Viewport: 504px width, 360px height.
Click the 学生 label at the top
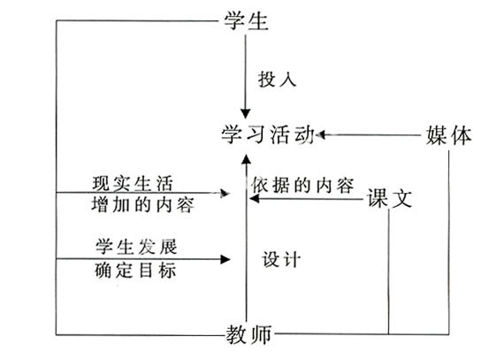(246, 21)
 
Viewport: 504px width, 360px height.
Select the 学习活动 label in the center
(268, 134)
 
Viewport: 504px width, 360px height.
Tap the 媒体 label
(449, 135)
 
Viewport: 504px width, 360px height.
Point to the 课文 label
(390, 198)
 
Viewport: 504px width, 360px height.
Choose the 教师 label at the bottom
(249, 334)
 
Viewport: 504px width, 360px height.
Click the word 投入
(277, 79)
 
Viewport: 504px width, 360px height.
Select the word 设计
(281, 259)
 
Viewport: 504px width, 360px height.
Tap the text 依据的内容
(302, 185)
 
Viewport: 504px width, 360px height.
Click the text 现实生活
(133, 183)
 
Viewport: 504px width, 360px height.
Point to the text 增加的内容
(143, 204)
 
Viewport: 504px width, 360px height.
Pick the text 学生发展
(136, 247)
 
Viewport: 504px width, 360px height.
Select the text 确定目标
(135, 270)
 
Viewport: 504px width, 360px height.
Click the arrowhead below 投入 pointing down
(246, 113)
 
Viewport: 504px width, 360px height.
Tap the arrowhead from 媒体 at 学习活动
(320, 134)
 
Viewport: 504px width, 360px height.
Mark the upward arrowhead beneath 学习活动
(246, 160)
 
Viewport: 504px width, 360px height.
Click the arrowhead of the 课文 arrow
(255, 199)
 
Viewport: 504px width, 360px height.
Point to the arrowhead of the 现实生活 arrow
(225, 193)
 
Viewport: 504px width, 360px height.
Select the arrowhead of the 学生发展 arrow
(225, 259)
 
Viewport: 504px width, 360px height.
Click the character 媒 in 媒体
(437, 135)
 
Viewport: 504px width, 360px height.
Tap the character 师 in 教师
(261, 334)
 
